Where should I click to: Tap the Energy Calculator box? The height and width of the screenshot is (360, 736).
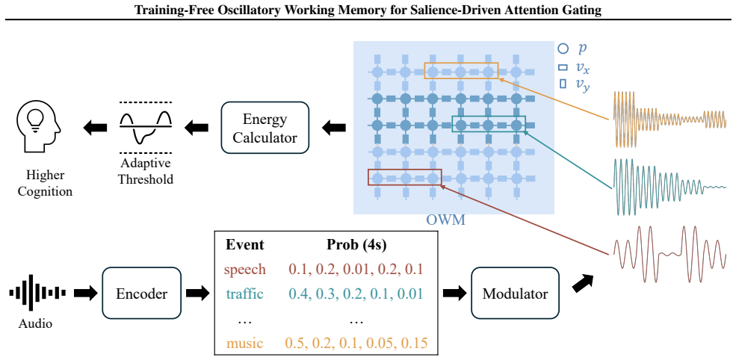coord(265,127)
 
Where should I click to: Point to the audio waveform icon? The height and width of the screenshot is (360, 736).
coord(37,294)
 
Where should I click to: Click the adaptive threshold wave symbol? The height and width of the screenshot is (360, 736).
coord(146,127)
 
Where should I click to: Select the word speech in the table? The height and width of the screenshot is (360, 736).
coord(245,270)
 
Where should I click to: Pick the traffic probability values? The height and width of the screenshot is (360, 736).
coord(356,294)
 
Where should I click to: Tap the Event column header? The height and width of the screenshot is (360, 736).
coord(245,244)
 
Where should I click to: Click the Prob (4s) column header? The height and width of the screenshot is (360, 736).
coord(356,244)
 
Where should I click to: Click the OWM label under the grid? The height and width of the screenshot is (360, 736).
coord(445,219)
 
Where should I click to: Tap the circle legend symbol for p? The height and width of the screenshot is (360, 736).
coord(563,49)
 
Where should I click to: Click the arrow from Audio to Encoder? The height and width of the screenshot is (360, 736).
coord(84,294)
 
